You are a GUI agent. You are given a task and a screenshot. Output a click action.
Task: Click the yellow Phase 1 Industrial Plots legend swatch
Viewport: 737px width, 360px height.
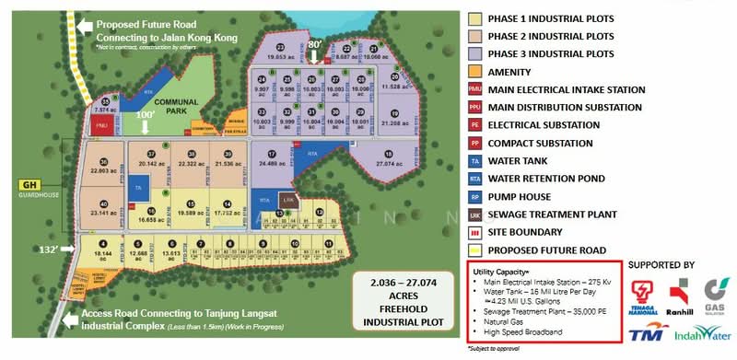click(474, 17)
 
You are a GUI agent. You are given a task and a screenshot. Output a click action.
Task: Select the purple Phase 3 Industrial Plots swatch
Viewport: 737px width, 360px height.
click(474, 52)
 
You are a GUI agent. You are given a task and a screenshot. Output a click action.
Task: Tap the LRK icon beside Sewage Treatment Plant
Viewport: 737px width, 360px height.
click(474, 214)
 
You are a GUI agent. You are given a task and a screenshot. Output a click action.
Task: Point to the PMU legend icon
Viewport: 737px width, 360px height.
click(474, 88)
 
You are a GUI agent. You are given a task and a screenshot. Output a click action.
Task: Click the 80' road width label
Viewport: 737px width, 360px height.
click(316, 43)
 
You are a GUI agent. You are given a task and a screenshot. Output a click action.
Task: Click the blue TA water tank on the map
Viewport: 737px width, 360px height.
click(138, 188)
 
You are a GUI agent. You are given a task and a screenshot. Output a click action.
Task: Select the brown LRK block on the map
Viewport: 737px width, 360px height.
click(288, 201)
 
